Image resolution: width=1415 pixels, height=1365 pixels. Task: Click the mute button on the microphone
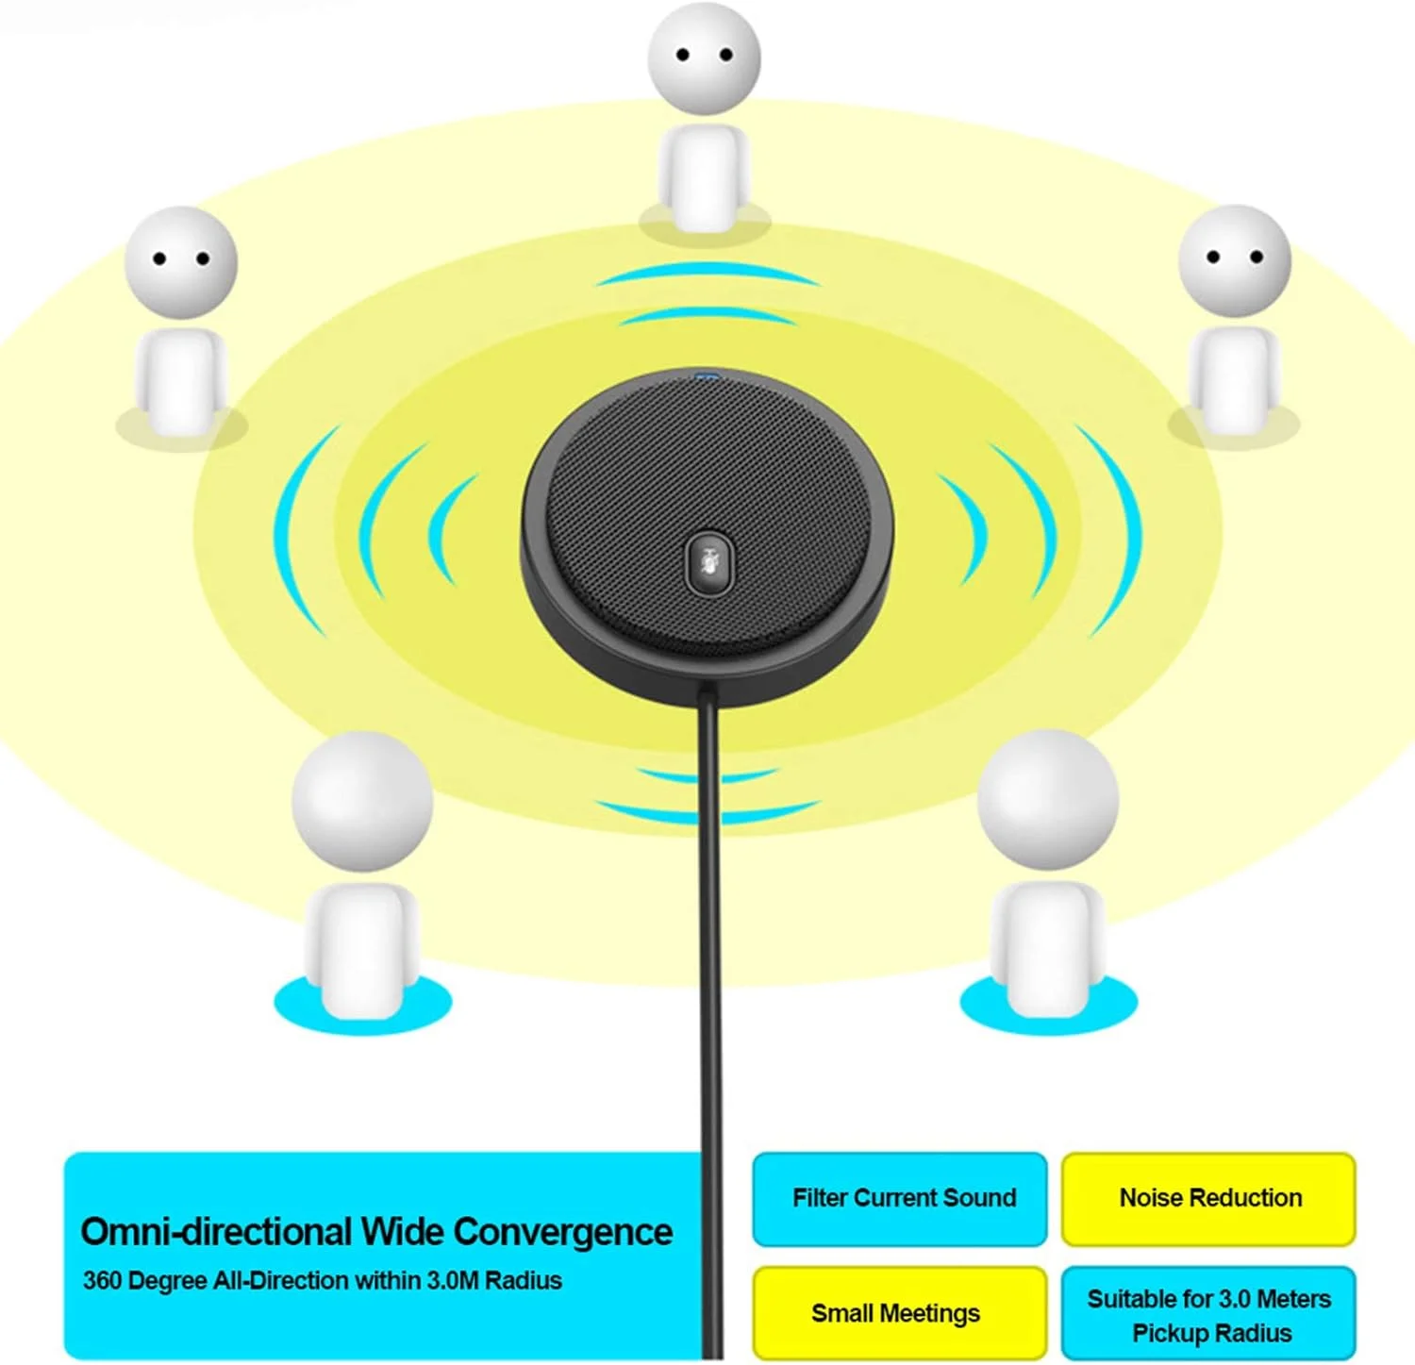click(707, 563)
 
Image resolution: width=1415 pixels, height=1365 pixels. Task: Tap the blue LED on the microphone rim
click(705, 378)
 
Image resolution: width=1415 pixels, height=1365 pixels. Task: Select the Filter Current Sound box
click(900, 1198)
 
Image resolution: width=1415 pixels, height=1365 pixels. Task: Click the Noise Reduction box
click(1209, 1198)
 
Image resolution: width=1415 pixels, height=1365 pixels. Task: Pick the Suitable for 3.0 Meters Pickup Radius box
click(1209, 1314)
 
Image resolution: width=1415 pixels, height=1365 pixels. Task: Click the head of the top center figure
click(704, 57)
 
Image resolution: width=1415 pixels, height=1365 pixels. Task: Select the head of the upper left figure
click(180, 261)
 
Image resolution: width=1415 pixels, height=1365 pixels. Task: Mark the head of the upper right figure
click(1234, 260)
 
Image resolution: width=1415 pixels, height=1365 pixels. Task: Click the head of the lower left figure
click(362, 800)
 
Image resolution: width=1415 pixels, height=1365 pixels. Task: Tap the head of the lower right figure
click(1047, 799)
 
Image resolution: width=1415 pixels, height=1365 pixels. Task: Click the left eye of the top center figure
click(683, 55)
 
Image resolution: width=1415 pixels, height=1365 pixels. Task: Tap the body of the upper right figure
click(1234, 377)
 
